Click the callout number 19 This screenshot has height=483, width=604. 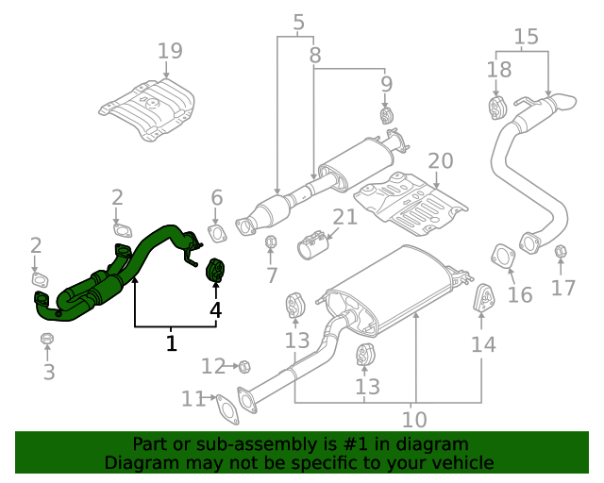click(x=170, y=50)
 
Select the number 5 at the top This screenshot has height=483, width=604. click(x=299, y=21)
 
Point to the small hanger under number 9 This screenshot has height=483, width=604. click(x=385, y=116)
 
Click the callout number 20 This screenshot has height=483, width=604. click(x=441, y=161)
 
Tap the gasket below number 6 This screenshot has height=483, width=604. click(x=216, y=233)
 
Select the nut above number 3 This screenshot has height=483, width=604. click(x=47, y=338)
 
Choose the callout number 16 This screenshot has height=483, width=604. click(x=520, y=295)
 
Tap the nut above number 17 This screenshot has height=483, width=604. click(x=560, y=251)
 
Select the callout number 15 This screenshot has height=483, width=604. click(x=526, y=37)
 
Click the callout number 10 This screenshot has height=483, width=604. click(x=414, y=419)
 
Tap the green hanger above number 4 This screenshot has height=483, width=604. click(x=214, y=270)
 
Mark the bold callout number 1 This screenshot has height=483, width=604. click(x=171, y=343)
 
